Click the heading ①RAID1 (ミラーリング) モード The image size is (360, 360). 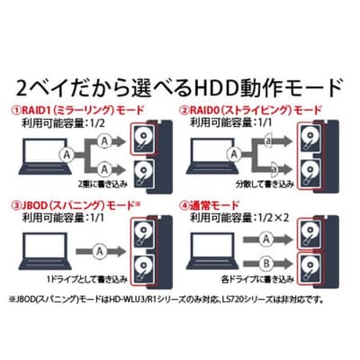click(77, 111)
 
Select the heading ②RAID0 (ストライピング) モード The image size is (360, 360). click(250, 111)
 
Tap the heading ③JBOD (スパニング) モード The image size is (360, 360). click(76, 206)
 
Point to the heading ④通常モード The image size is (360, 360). click(209, 206)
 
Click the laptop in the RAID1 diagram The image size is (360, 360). click(45, 156)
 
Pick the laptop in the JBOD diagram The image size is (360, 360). click(45, 251)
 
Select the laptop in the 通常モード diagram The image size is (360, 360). click(212, 251)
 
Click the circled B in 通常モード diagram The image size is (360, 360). click(266, 264)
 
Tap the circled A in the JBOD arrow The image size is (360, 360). click(99, 251)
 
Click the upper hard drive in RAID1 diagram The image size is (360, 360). click(143, 138)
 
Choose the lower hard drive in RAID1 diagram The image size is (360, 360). click(143, 174)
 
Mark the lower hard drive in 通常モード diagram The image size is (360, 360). click(310, 269)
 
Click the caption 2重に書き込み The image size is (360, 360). click(103, 184)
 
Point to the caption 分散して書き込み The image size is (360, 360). click(265, 184)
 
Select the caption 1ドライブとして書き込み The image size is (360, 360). click(87, 280)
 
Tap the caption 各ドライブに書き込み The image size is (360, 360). click(257, 280)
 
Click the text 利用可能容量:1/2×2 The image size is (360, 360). click(239, 218)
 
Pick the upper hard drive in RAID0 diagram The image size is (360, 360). click(310, 138)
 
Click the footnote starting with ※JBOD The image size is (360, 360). click(166, 299)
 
